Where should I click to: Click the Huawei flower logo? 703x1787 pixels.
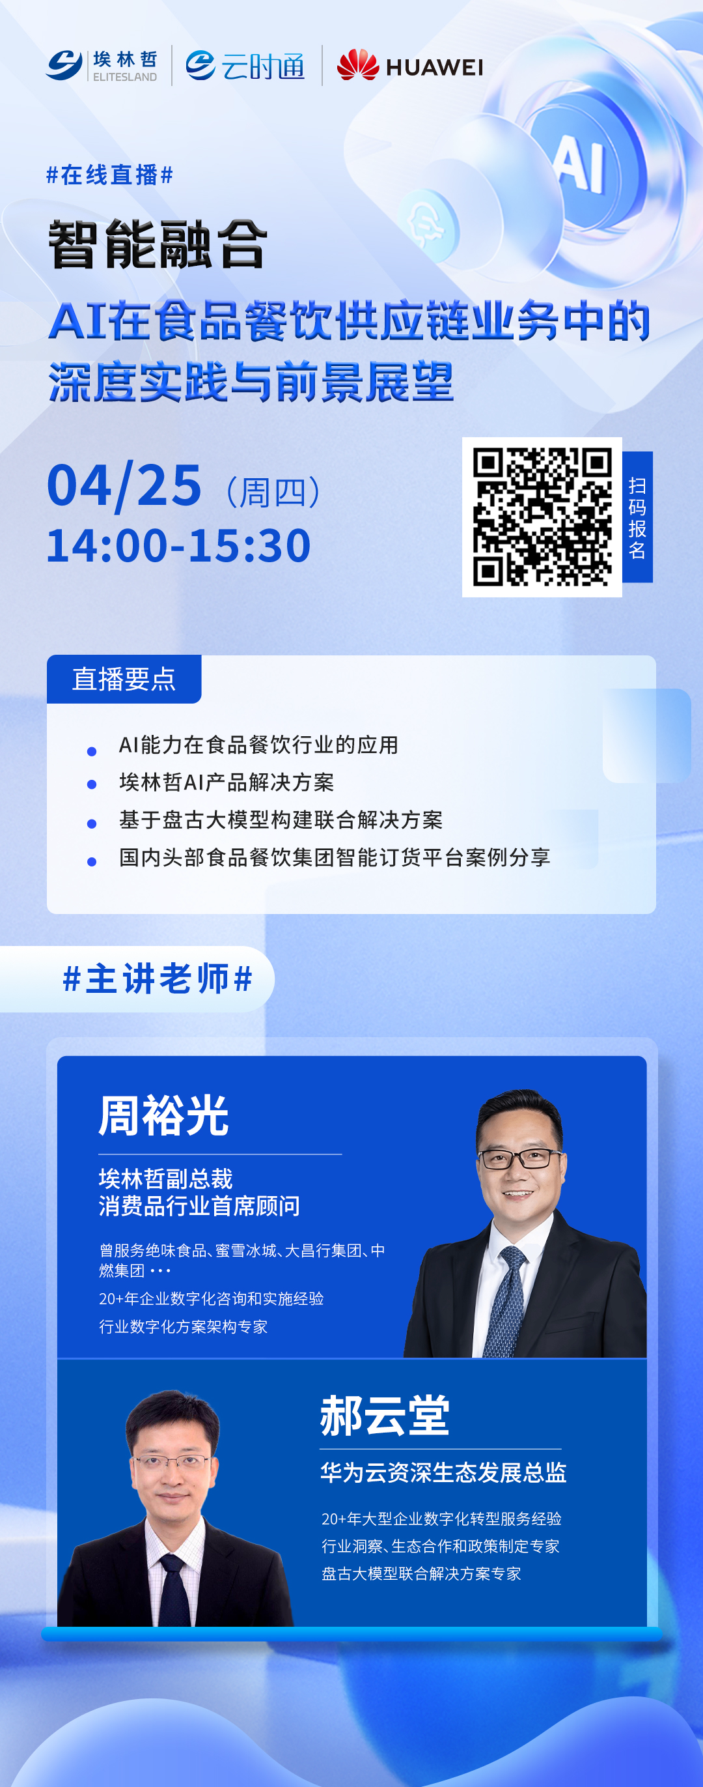pos(358,64)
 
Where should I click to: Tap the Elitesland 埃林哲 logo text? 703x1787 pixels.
pos(125,65)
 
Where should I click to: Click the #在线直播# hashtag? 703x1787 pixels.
pos(109,175)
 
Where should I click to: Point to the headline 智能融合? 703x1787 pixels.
pos(158,244)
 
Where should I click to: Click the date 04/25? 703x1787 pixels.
pos(125,485)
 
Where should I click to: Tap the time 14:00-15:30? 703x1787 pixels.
pos(179,545)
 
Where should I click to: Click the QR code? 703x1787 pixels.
pos(542,517)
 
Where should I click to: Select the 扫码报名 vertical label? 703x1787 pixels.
pos(637,517)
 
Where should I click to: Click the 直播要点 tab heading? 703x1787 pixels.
pos(124,679)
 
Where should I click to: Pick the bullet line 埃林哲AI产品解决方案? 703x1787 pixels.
pos(226,782)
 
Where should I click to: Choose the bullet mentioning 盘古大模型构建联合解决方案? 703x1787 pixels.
pos(280,820)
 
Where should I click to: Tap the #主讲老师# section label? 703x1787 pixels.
pos(158,979)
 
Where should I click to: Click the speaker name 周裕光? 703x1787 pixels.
pos(163,1115)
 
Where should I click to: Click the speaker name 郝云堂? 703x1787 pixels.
pos(385,1415)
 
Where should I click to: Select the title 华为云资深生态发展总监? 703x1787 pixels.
pos(443,1472)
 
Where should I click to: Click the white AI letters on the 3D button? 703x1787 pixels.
pos(579,162)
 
